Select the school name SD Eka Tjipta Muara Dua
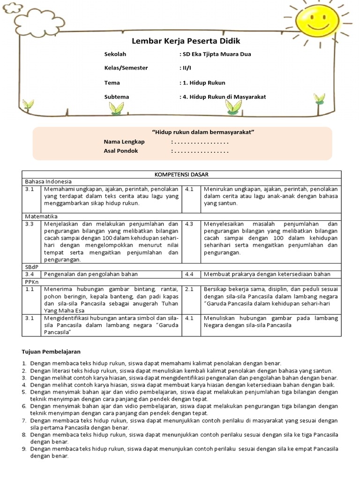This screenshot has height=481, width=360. point(216,54)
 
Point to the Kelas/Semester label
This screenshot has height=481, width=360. point(126,68)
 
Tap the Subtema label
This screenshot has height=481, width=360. point(116,97)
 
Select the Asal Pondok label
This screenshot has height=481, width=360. point(121,151)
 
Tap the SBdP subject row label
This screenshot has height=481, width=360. point(31,266)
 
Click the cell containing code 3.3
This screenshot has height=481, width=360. point(30,224)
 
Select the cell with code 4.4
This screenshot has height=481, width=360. point(189,274)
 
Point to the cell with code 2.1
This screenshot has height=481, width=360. point(189,290)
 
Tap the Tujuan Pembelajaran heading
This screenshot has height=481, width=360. point(52,351)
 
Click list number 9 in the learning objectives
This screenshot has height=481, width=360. point(24,449)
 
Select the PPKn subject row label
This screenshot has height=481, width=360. point(31,281)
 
